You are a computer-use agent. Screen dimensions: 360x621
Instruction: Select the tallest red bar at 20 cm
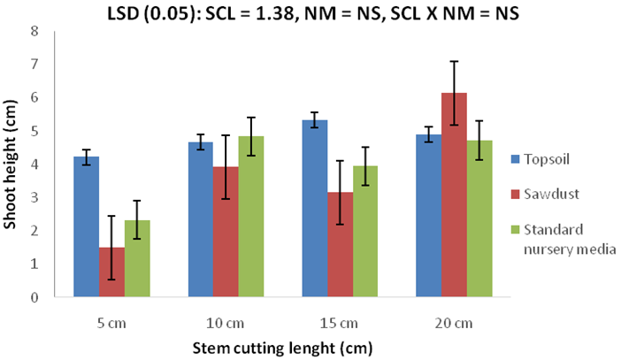coord(455,195)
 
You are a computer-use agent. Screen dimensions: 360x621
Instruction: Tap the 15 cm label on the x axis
coord(341,323)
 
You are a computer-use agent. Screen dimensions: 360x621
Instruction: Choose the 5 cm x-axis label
coord(111,323)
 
